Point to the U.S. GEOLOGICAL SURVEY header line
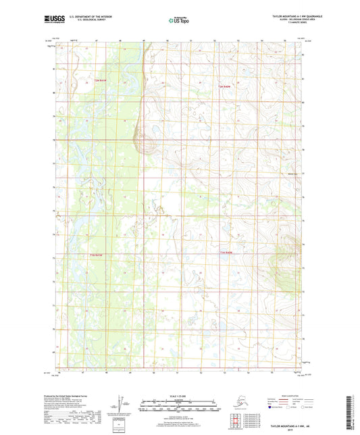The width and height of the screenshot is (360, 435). pyautogui.click(x=82, y=21)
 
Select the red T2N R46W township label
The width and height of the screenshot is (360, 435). pyautogui.click(x=225, y=86)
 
